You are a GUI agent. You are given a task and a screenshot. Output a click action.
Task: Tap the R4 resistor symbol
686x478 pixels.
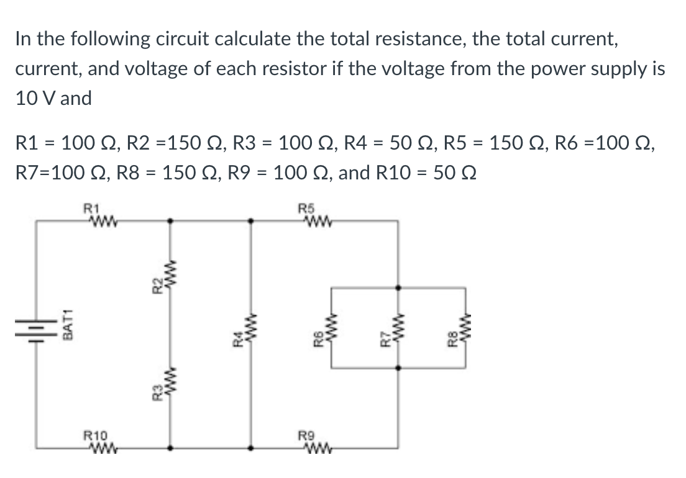click(250, 334)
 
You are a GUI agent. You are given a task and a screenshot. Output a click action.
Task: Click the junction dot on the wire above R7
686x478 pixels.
click(398, 287)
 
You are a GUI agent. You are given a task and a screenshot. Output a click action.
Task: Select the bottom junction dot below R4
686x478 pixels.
click(250, 447)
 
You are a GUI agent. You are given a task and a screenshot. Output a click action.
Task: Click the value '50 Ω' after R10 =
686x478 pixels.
click(448, 172)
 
